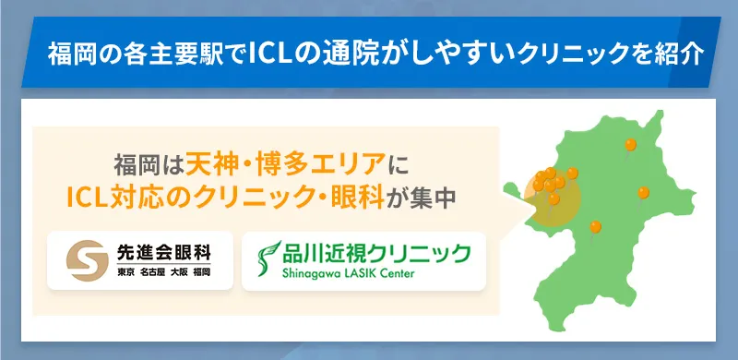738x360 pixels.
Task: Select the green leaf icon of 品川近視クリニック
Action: [268, 259]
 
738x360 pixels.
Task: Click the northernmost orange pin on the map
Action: [630, 145]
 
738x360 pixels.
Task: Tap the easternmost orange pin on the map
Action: [643, 192]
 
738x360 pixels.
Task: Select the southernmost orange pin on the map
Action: [595, 224]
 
